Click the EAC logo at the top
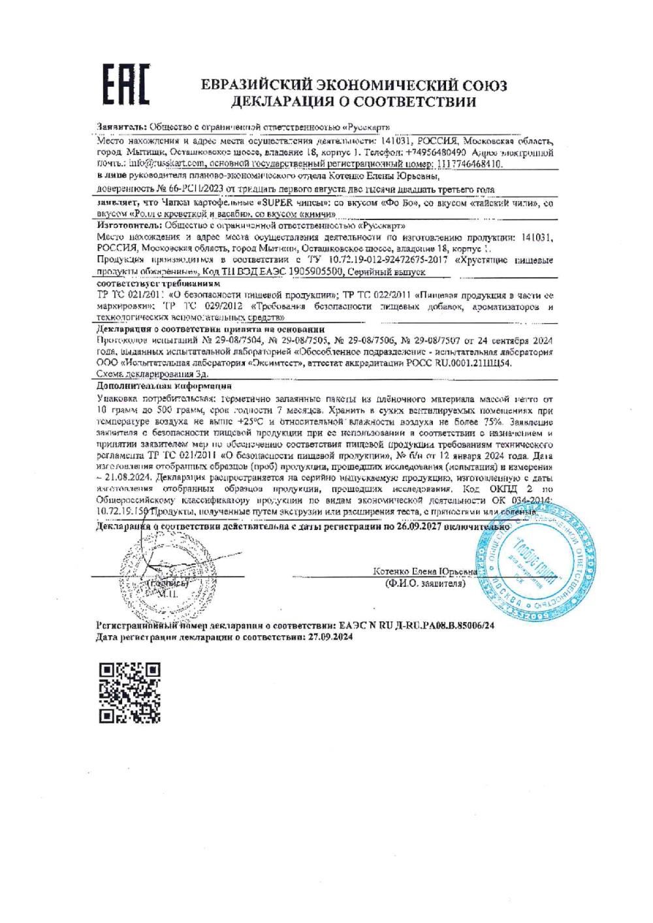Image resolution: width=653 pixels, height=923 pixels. pos(127,84)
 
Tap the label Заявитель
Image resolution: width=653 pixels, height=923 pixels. pos(121,127)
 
